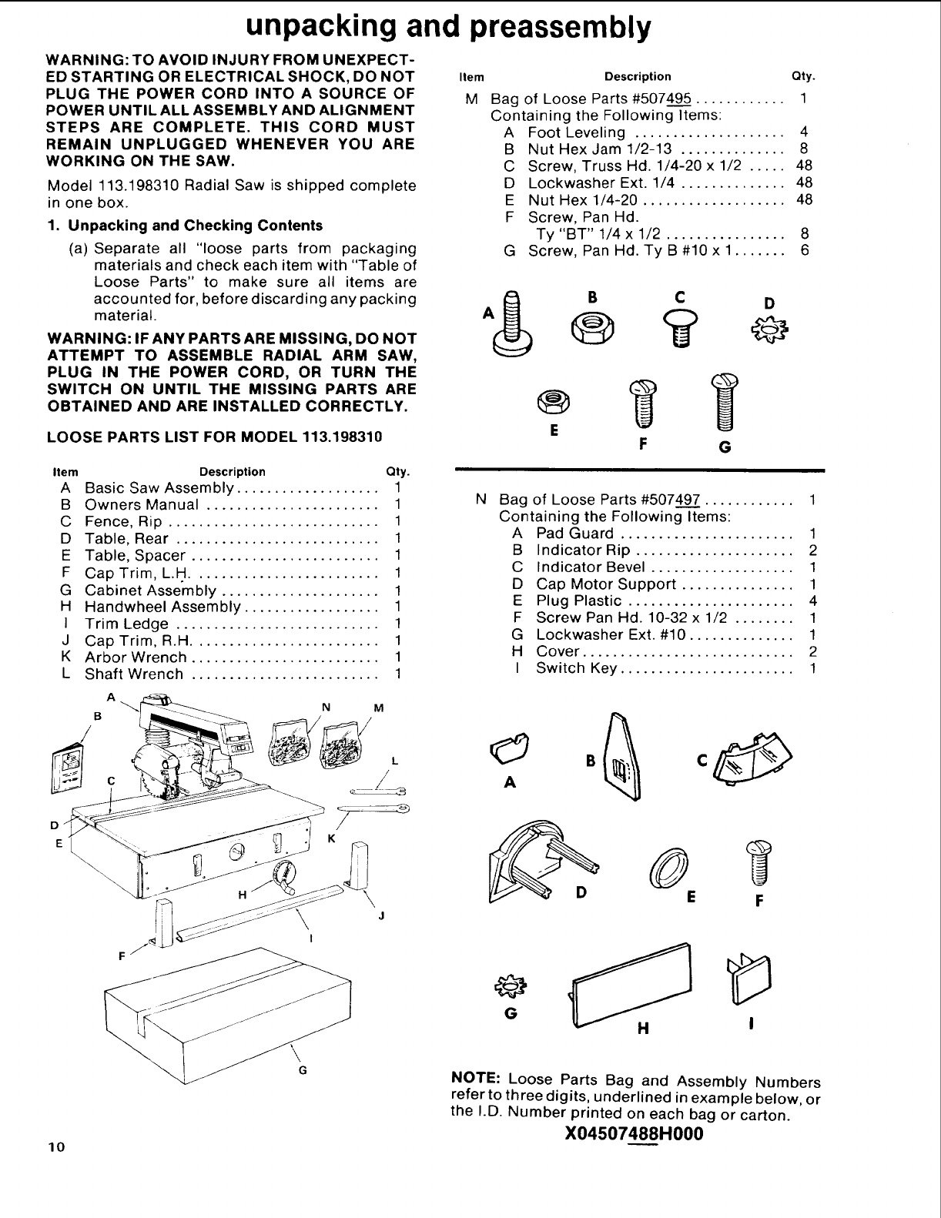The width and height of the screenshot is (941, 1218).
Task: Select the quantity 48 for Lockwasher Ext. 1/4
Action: coord(804,182)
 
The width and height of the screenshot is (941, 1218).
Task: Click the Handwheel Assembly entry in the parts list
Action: coord(162,607)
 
